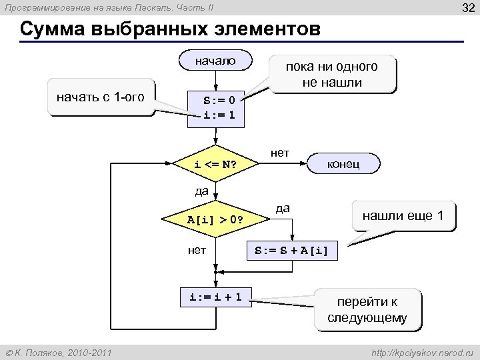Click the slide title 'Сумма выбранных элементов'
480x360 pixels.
pyautogui.click(x=170, y=31)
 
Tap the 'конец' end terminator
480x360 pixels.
pyautogui.click(x=343, y=163)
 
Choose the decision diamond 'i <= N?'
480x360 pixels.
pyautogui.click(x=215, y=164)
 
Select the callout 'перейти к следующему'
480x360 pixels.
pyautogui.click(x=367, y=309)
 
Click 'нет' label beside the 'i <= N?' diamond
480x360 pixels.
pyautogui.click(x=280, y=153)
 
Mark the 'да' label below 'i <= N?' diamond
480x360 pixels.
pyautogui.click(x=202, y=191)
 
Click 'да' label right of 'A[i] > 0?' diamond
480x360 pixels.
pyautogui.click(x=283, y=208)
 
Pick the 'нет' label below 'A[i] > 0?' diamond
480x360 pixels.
pyautogui.click(x=197, y=251)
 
